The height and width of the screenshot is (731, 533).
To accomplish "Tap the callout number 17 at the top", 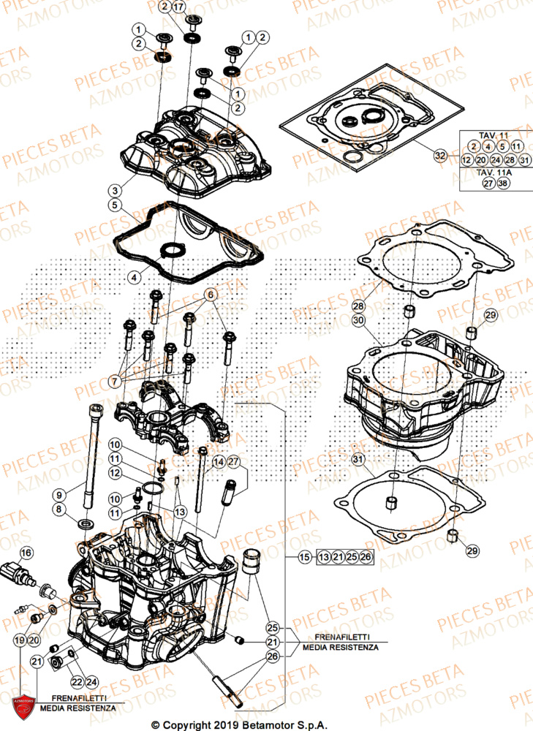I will point(179,7).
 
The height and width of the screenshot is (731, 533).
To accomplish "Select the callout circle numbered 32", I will point(439,155).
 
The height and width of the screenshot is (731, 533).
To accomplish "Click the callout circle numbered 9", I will point(59,495).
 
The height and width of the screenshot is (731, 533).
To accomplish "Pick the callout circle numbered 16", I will point(26,553).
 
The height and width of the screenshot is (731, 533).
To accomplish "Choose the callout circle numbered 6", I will point(211,294).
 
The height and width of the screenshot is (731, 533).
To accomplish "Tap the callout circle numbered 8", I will point(59,509).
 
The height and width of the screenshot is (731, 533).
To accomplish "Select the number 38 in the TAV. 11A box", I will point(502,184).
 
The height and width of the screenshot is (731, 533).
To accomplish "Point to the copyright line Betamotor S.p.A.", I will point(266,724).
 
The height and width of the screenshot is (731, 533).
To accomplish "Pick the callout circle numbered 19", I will point(20,640).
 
